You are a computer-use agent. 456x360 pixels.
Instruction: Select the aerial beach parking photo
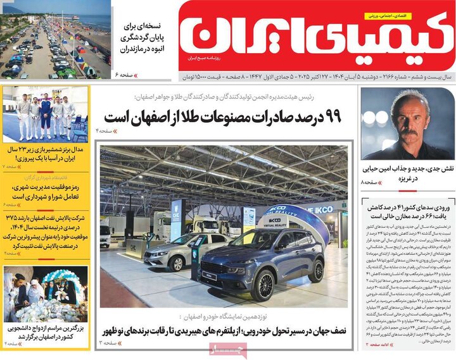(x=56, y=39)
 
